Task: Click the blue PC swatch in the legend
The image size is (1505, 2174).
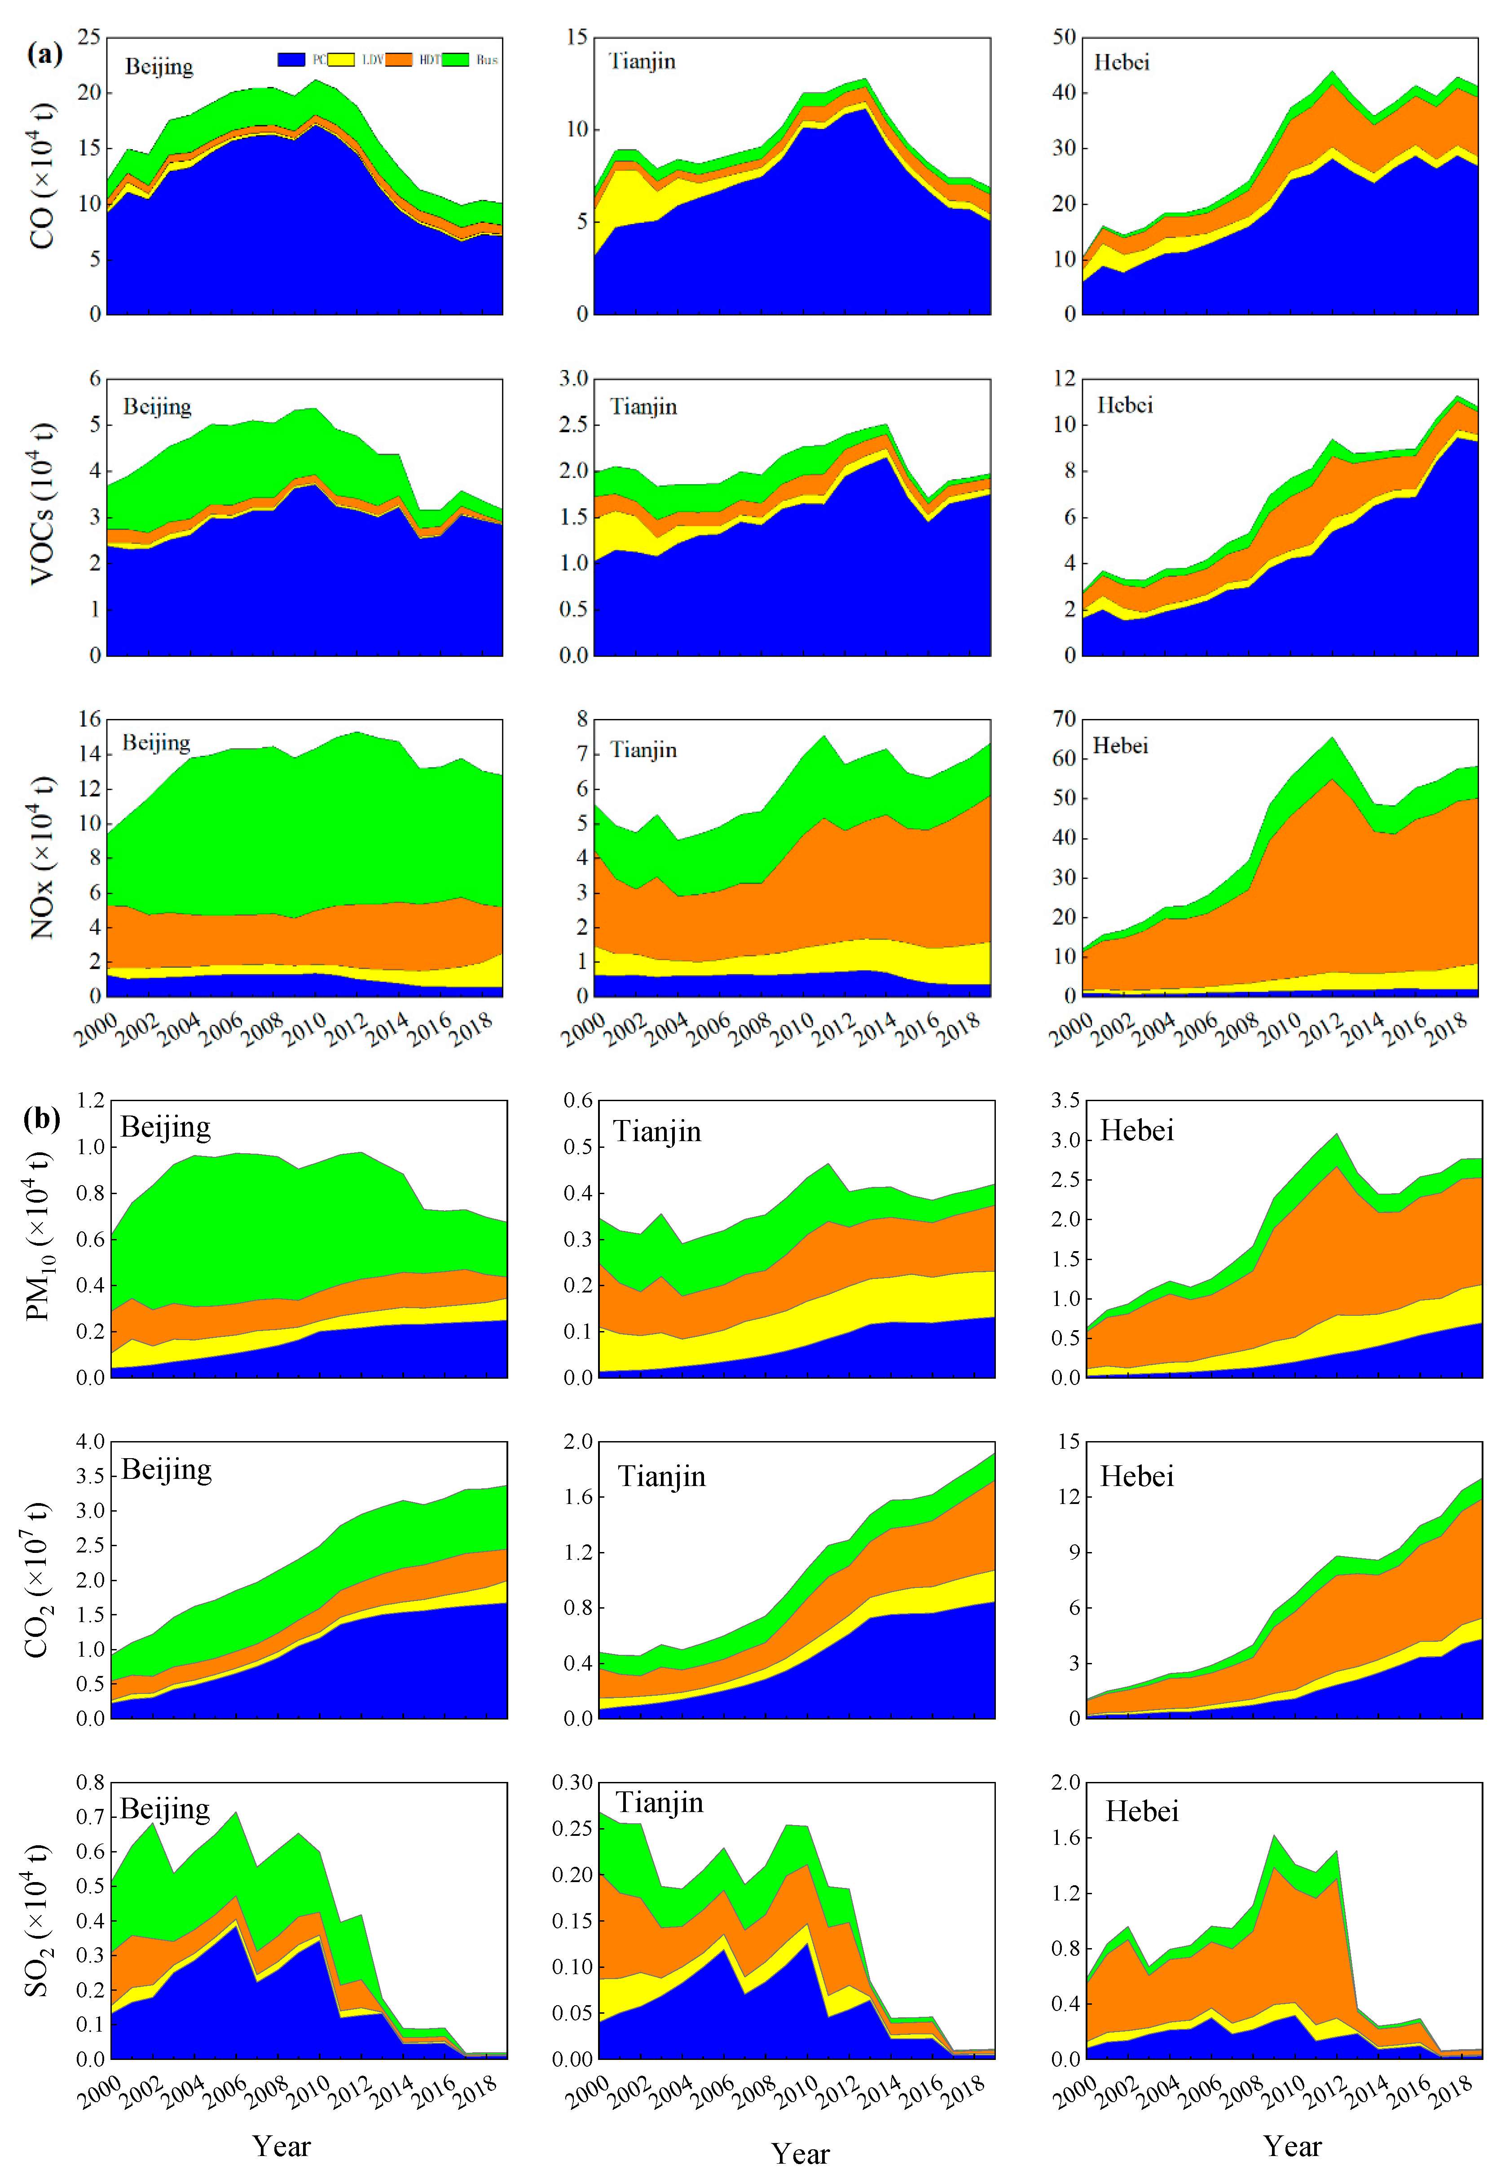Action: pyautogui.click(x=291, y=59)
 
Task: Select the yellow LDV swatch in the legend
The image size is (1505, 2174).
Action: pyautogui.click(x=341, y=59)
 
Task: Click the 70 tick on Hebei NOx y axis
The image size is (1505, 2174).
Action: pyautogui.click(x=1064, y=719)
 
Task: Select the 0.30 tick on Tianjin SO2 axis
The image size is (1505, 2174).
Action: pyautogui.click(x=572, y=1782)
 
